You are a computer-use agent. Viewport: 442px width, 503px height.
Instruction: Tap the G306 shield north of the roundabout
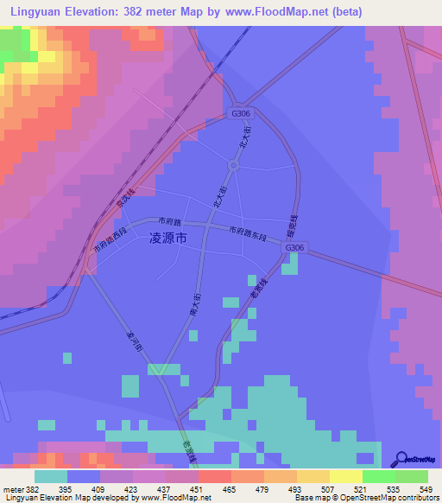pos(241,114)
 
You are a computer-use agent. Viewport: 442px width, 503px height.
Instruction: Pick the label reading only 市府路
pos(170,222)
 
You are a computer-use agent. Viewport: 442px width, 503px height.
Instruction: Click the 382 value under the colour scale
pos(32,489)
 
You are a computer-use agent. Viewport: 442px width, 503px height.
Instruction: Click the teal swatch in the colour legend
pos(50,476)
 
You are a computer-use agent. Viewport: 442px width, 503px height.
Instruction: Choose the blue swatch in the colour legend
pos(83,476)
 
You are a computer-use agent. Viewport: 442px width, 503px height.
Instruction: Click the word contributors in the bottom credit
pos(414,499)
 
